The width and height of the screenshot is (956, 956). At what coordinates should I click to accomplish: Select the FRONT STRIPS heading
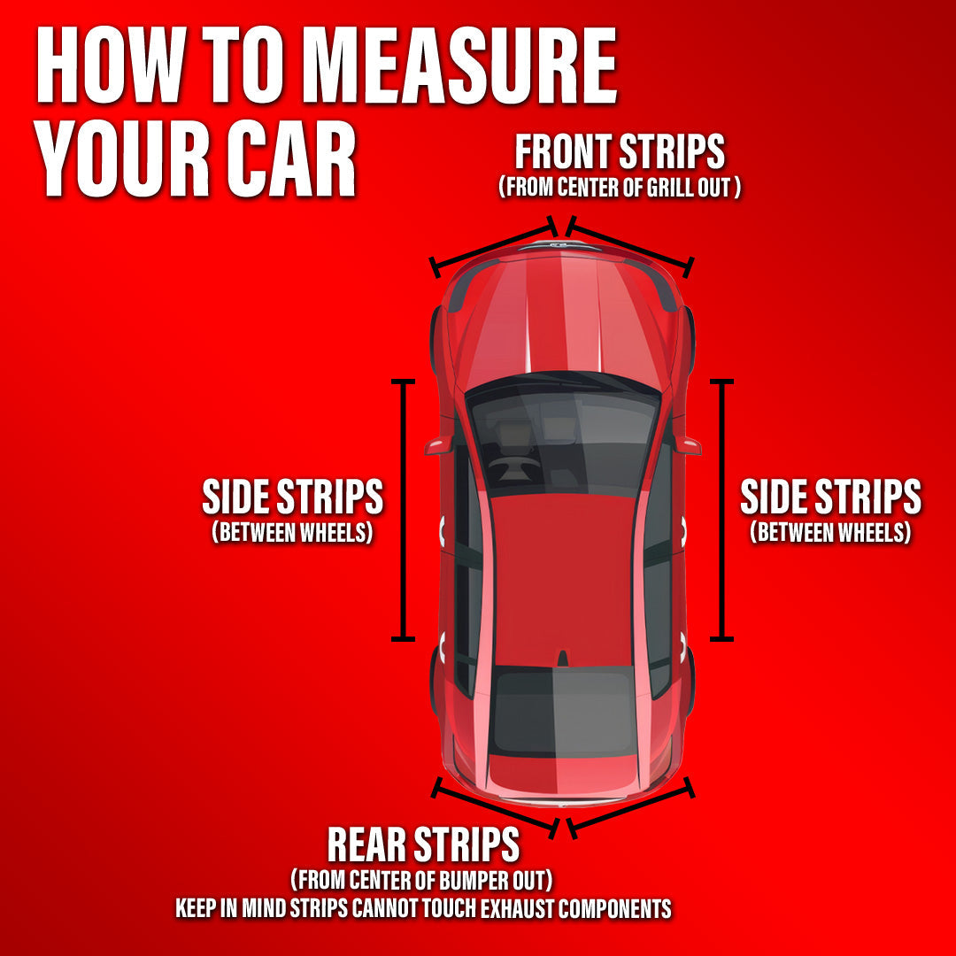click(620, 151)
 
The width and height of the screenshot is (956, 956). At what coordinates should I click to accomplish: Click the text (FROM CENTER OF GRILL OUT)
click(620, 187)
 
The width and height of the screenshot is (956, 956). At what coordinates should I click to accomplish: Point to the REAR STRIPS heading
click(423, 844)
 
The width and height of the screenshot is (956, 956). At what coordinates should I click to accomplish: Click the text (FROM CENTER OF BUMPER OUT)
click(421, 880)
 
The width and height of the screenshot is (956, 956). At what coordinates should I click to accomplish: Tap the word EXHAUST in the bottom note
click(517, 908)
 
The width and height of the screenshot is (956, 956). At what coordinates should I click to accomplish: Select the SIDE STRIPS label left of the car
click(293, 497)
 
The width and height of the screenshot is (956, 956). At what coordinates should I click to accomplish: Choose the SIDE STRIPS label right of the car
click(830, 497)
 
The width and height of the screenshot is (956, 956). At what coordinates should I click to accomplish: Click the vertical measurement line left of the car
click(403, 510)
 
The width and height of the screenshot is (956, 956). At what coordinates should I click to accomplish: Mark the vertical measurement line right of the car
click(722, 510)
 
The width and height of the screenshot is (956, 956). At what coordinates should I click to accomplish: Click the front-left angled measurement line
click(494, 246)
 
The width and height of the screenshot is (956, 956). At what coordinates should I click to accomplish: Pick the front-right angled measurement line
click(630, 246)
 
